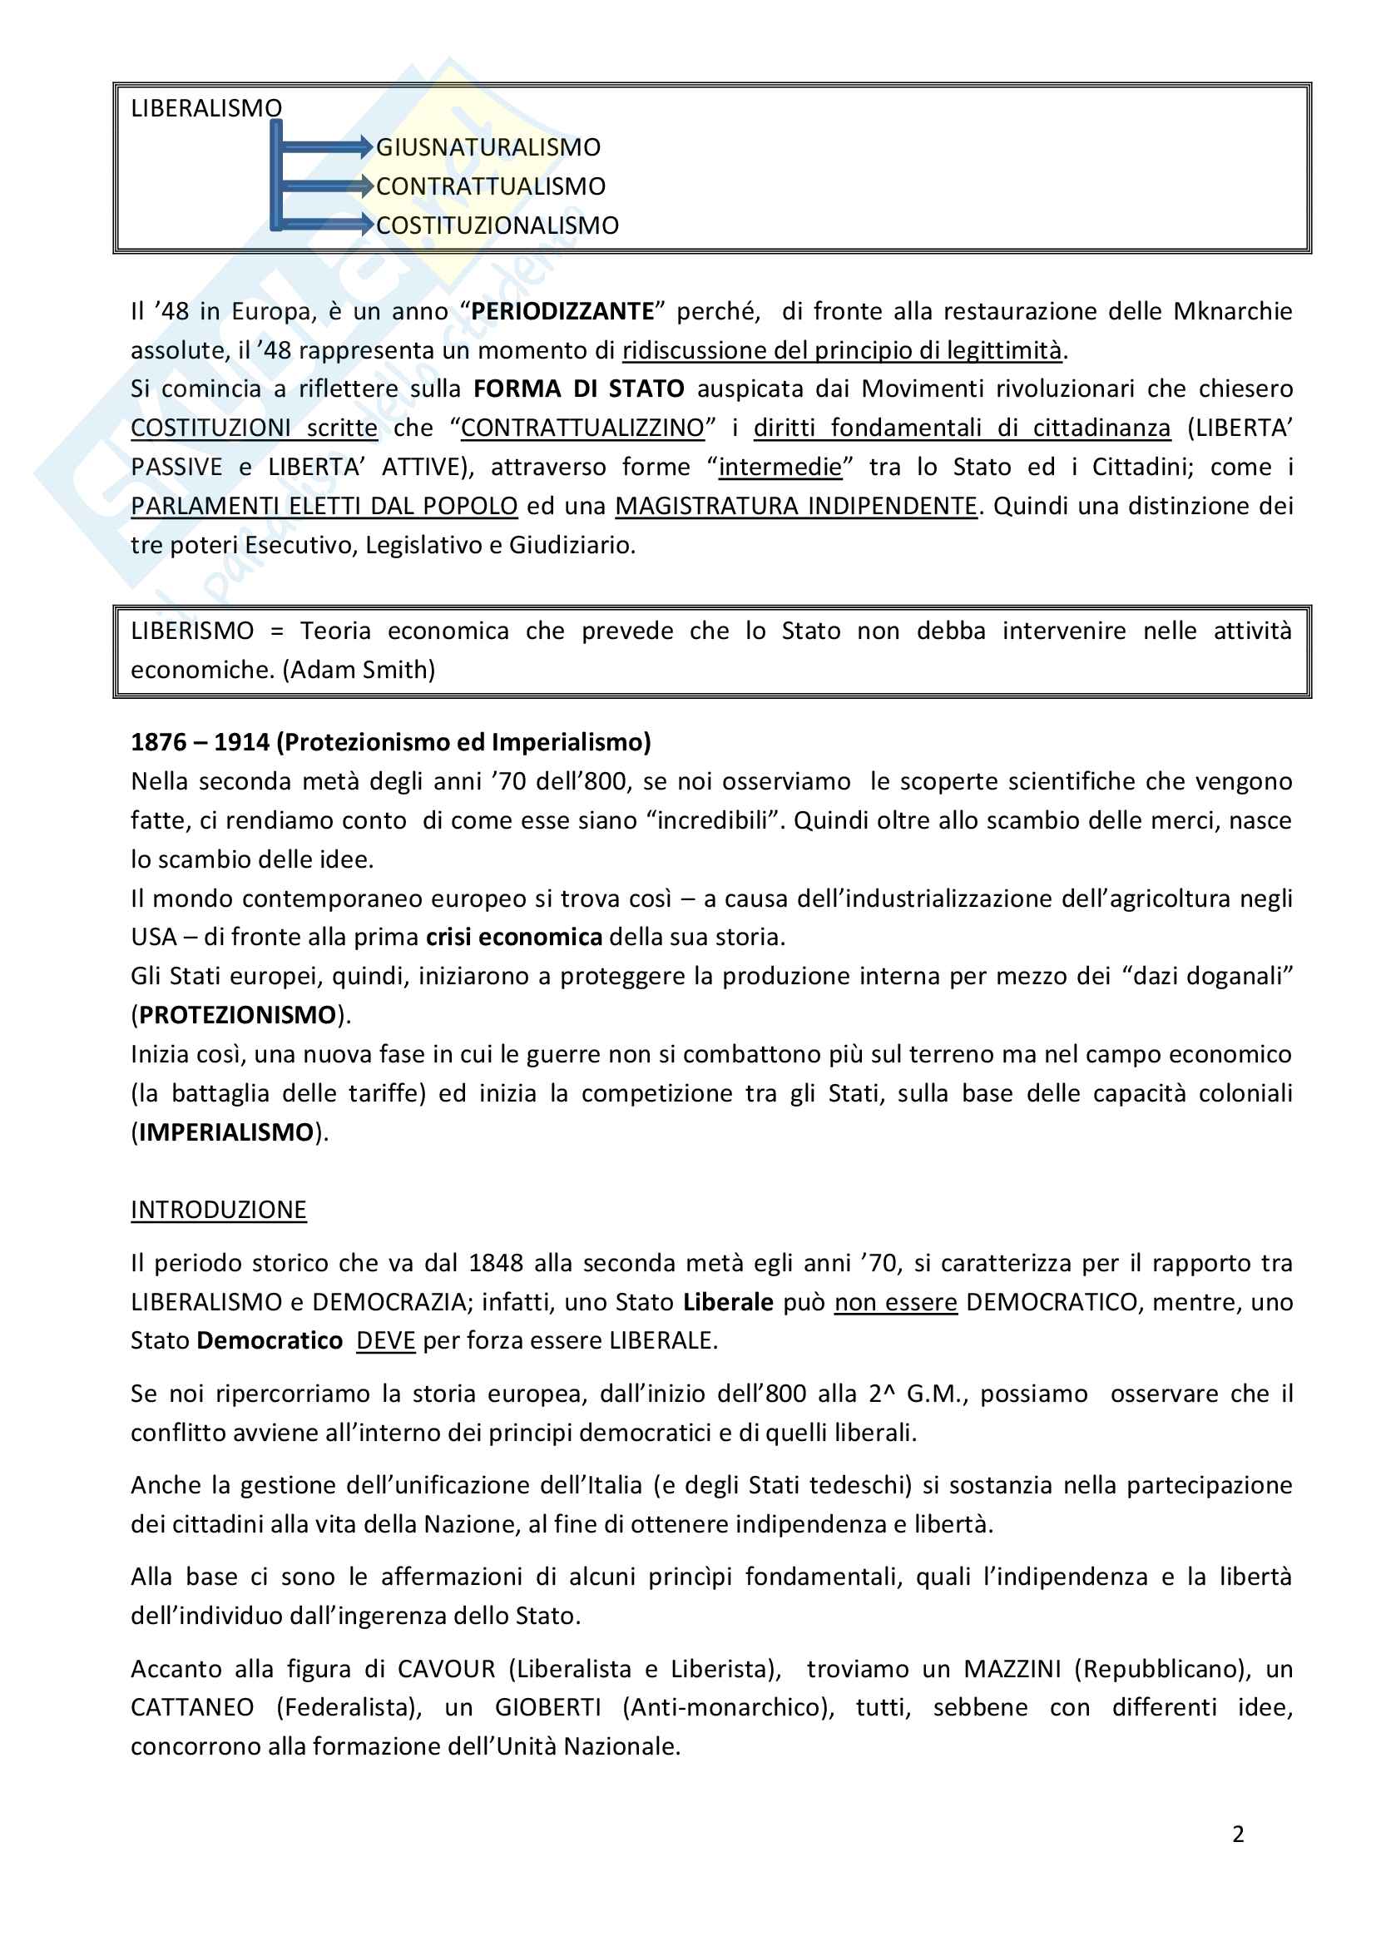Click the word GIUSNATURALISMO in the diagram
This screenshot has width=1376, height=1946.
click(488, 147)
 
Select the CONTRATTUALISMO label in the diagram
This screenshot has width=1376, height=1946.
click(491, 186)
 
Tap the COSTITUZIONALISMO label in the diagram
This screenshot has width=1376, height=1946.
click(497, 225)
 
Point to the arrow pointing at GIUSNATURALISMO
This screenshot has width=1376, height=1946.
click(326, 147)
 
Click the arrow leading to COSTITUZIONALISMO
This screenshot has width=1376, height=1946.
click(326, 225)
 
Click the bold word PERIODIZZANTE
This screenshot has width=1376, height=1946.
click(562, 311)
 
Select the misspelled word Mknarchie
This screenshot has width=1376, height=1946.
click(1232, 311)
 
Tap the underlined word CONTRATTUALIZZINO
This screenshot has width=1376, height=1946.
click(582, 428)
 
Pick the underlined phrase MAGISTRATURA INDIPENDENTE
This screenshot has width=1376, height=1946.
click(795, 506)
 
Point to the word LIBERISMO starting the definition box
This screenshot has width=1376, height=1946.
click(192, 631)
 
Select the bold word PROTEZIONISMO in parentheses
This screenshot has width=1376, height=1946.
click(237, 1014)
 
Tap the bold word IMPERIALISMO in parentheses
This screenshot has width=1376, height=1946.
click(226, 1131)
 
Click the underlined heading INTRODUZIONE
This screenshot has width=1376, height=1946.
click(219, 1210)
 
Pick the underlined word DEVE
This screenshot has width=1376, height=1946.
click(385, 1340)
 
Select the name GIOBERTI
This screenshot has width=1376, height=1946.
click(547, 1707)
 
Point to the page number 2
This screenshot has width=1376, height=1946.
click(1238, 1835)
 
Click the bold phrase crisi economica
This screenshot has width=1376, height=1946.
click(513, 937)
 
